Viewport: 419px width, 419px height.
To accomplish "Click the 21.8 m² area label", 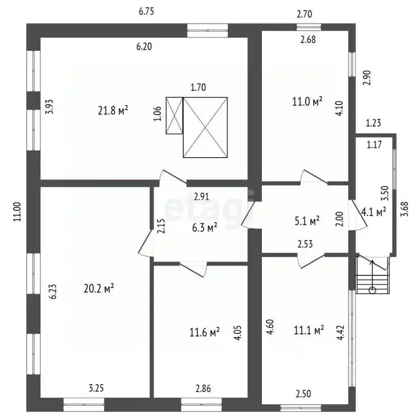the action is pos(113,110).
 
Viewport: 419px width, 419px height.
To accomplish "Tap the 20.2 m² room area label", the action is pos(99,288).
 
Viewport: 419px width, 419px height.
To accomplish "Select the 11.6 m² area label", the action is pos(205,332).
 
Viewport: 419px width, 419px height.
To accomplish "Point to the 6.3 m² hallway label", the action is pos(205,228).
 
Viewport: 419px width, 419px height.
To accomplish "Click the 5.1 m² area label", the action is pos(307,221).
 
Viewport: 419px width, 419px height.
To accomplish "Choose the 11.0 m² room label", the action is pos(307,101).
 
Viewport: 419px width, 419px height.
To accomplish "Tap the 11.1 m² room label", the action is pos(309,330).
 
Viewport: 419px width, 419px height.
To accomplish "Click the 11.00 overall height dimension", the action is pos(17,212).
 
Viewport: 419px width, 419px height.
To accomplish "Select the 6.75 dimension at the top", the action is pos(146,11).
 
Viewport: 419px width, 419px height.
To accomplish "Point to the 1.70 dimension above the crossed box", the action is pos(198,87).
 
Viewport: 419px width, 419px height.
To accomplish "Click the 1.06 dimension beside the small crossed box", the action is pos(158,114).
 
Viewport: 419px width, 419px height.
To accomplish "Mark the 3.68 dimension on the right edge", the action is pos(405,209).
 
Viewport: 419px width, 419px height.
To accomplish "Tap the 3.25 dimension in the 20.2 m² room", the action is pos(96,388).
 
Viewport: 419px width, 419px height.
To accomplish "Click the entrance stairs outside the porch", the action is pos(373,275).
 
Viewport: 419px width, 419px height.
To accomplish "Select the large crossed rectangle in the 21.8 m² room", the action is pos(205,128).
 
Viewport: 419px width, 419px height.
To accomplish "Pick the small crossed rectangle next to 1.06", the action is pos(175,116).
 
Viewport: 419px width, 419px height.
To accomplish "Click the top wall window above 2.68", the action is pos(309,27).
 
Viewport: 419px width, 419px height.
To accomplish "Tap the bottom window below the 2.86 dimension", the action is pos(201,405).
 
